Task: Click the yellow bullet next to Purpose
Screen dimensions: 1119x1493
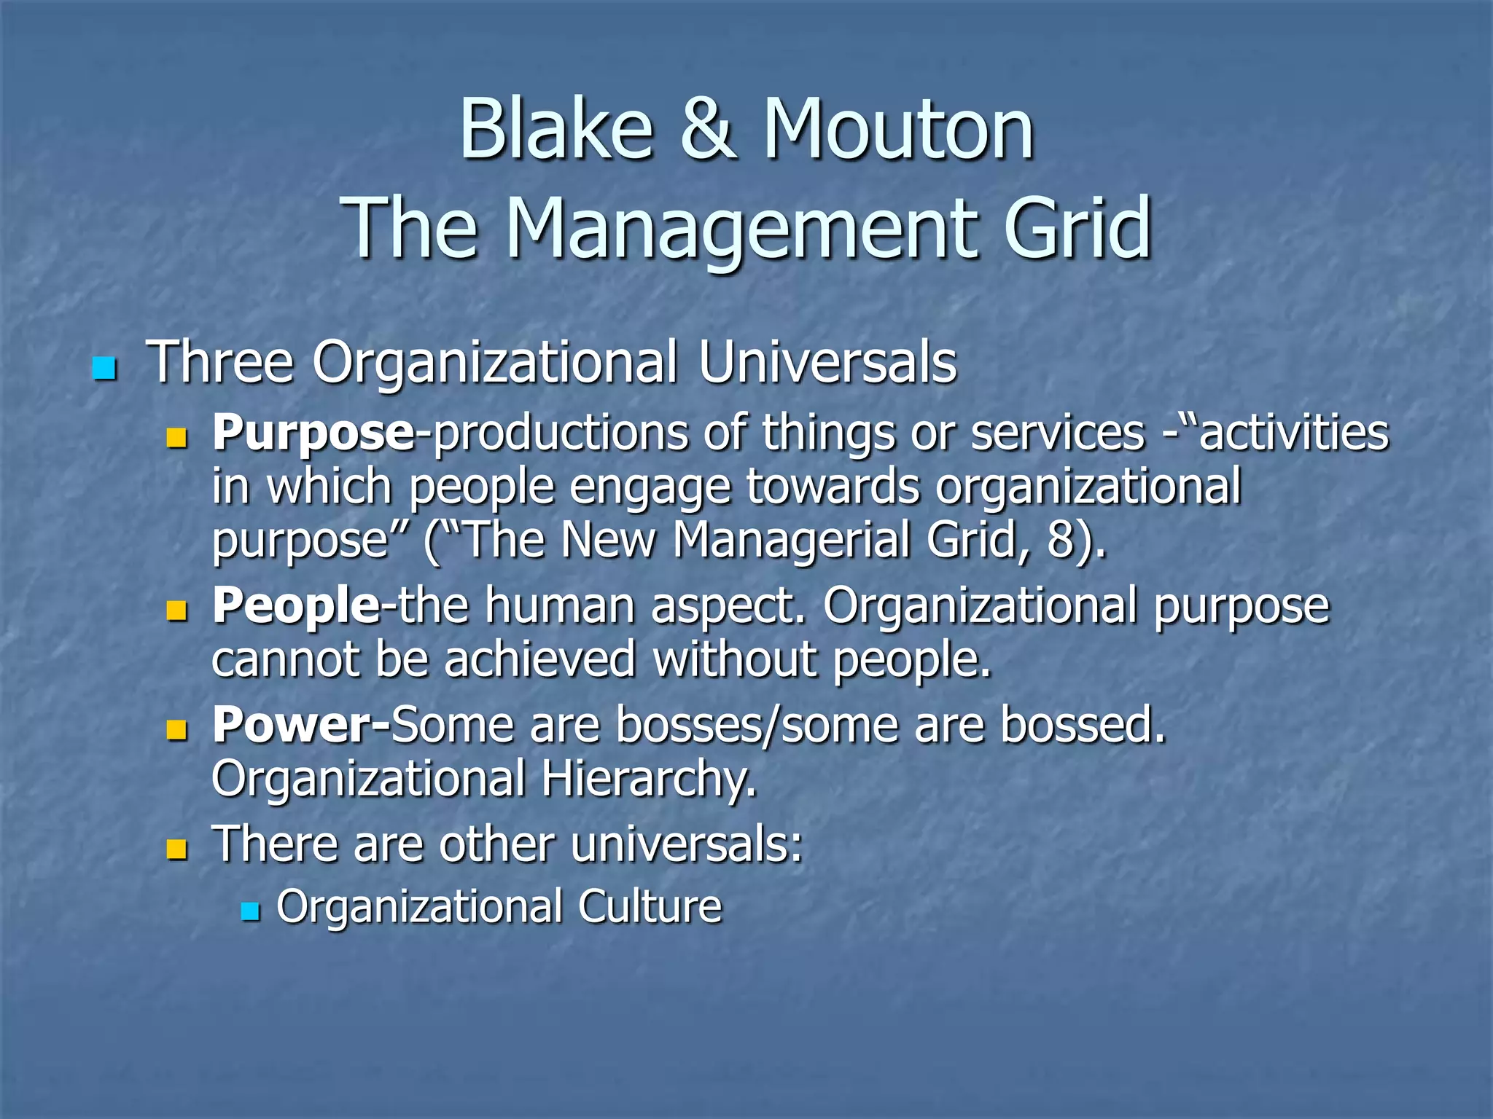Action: [176, 438]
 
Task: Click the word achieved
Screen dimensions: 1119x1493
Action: [539, 659]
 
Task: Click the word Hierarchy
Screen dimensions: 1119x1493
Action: [649, 779]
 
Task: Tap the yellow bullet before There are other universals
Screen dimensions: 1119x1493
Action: [176, 849]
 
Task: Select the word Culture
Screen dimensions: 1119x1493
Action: [650, 906]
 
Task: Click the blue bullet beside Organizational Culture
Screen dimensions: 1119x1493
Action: [250, 911]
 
